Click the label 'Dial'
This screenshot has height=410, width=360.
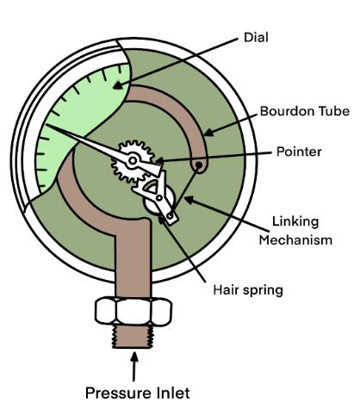pos(256,37)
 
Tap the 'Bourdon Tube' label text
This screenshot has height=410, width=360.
pos(305,111)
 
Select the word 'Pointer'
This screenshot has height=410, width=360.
pos(299,152)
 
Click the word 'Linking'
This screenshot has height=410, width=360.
pos(295,221)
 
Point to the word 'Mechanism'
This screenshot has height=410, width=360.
pos(295,239)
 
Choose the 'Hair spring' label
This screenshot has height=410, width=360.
pos(248,289)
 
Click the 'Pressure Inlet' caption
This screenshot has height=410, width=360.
pos(138,393)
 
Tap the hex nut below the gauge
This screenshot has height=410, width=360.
pos(133,312)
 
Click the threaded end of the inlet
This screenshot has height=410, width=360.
pos(133,337)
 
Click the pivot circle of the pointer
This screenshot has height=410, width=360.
pos(133,160)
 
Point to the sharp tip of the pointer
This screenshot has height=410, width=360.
pos(46,125)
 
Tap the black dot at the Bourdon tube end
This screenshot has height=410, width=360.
pos(198,165)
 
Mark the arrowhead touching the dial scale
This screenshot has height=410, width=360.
pos(117,85)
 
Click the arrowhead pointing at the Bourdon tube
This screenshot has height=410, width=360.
pos(208,132)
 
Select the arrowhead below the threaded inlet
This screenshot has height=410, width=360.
pos(134,357)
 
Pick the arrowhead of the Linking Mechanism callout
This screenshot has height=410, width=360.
pos(189,200)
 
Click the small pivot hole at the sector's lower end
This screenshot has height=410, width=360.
pos(171,215)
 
